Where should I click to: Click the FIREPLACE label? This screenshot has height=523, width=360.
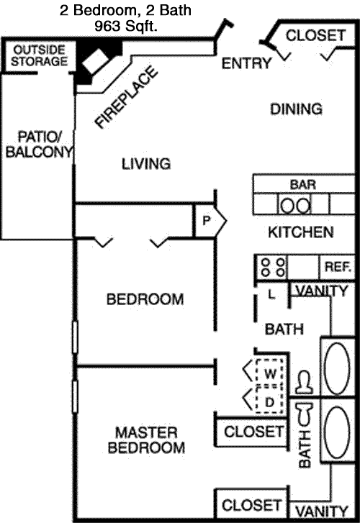coord(126,97)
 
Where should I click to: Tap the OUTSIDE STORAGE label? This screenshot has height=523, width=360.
coord(39,55)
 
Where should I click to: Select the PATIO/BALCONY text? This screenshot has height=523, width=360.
coord(39,145)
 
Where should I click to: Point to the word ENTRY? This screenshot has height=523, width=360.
coord(246,63)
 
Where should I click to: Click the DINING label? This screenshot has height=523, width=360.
coord(296,109)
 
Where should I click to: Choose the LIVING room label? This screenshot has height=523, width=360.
coord(146,164)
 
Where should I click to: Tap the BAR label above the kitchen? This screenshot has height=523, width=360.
coord(303,184)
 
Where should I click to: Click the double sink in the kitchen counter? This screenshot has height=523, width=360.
coord(295,205)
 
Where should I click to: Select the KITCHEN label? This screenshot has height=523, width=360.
coord(300,232)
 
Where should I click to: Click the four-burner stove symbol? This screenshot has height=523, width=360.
coord(273,268)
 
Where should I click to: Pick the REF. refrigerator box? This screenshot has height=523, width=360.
coord(337,267)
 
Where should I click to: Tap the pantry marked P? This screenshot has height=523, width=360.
coord(210,220)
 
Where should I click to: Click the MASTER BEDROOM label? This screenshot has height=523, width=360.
coord(146,440)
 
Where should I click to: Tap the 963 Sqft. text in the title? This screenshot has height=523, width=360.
coord(126,26)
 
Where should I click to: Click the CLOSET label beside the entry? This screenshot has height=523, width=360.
coord(315,35)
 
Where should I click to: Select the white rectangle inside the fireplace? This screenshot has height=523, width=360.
coord(96,60)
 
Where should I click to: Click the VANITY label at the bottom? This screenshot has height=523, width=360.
coord(322,511)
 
